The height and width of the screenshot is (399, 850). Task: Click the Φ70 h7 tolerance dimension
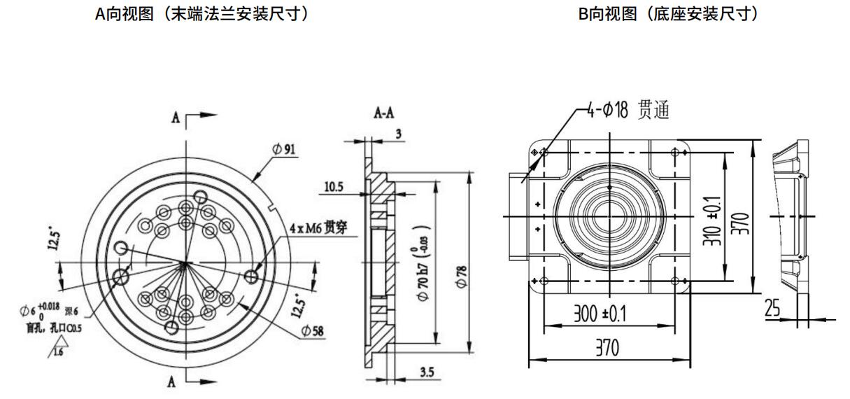tap(425, 267)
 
